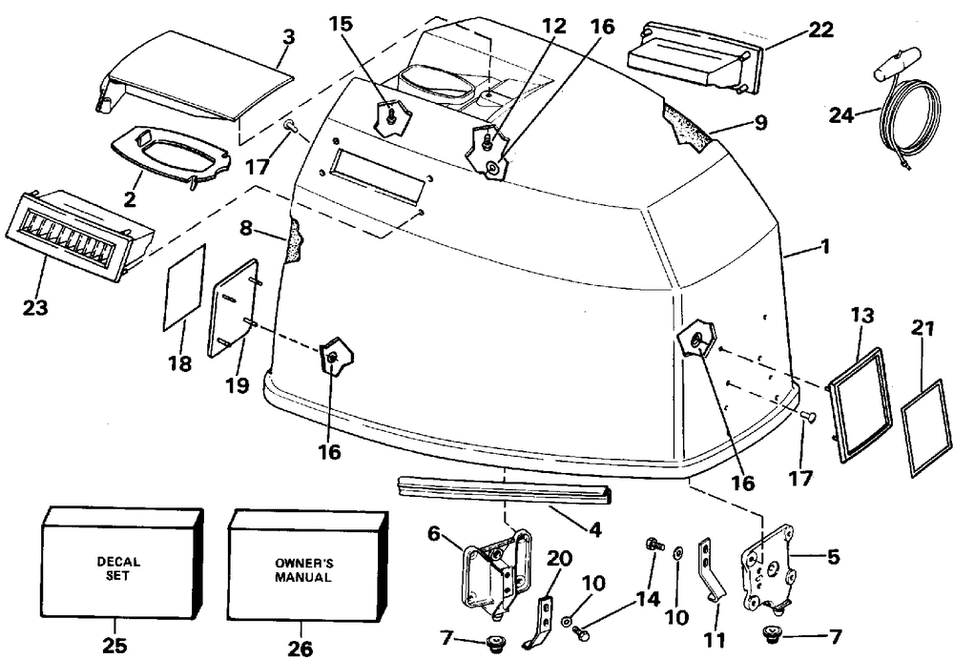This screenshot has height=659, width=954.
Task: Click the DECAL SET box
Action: (122, 562)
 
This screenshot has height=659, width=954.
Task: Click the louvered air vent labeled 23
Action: (78, 237)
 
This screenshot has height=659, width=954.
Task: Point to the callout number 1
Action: (824, 246)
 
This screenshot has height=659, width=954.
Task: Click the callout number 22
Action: (820, 29)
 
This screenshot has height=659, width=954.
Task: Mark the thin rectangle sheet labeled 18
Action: (185, 287)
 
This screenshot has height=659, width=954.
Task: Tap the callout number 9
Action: (760, 123)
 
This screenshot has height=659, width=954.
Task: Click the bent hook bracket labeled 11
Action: (712, 569)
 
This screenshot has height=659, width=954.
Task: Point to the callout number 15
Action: (341, 24)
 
